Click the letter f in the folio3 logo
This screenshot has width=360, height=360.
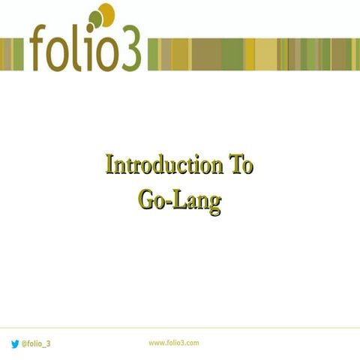click(40, 46)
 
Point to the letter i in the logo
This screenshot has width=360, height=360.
click(89, 49)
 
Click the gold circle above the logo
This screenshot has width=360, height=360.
click(106, 14)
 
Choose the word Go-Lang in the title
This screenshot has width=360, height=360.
click(181, 200)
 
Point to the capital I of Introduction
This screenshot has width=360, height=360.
click(110, 165)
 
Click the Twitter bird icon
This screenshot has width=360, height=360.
click(15, 343)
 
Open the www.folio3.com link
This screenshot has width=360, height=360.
click(173, 343)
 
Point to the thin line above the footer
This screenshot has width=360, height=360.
click(180, 327)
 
